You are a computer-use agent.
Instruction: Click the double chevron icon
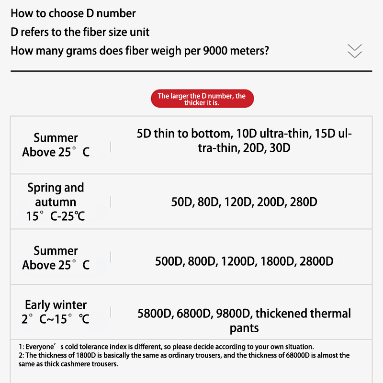(355, 51)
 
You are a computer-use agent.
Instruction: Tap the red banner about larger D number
(202, 99)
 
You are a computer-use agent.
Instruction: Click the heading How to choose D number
(73, 13)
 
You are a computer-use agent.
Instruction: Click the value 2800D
(316, 261)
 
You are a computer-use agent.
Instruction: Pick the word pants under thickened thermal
(244, 328)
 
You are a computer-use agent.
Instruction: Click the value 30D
(280, 147)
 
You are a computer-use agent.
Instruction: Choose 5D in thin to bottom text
(144, 133)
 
